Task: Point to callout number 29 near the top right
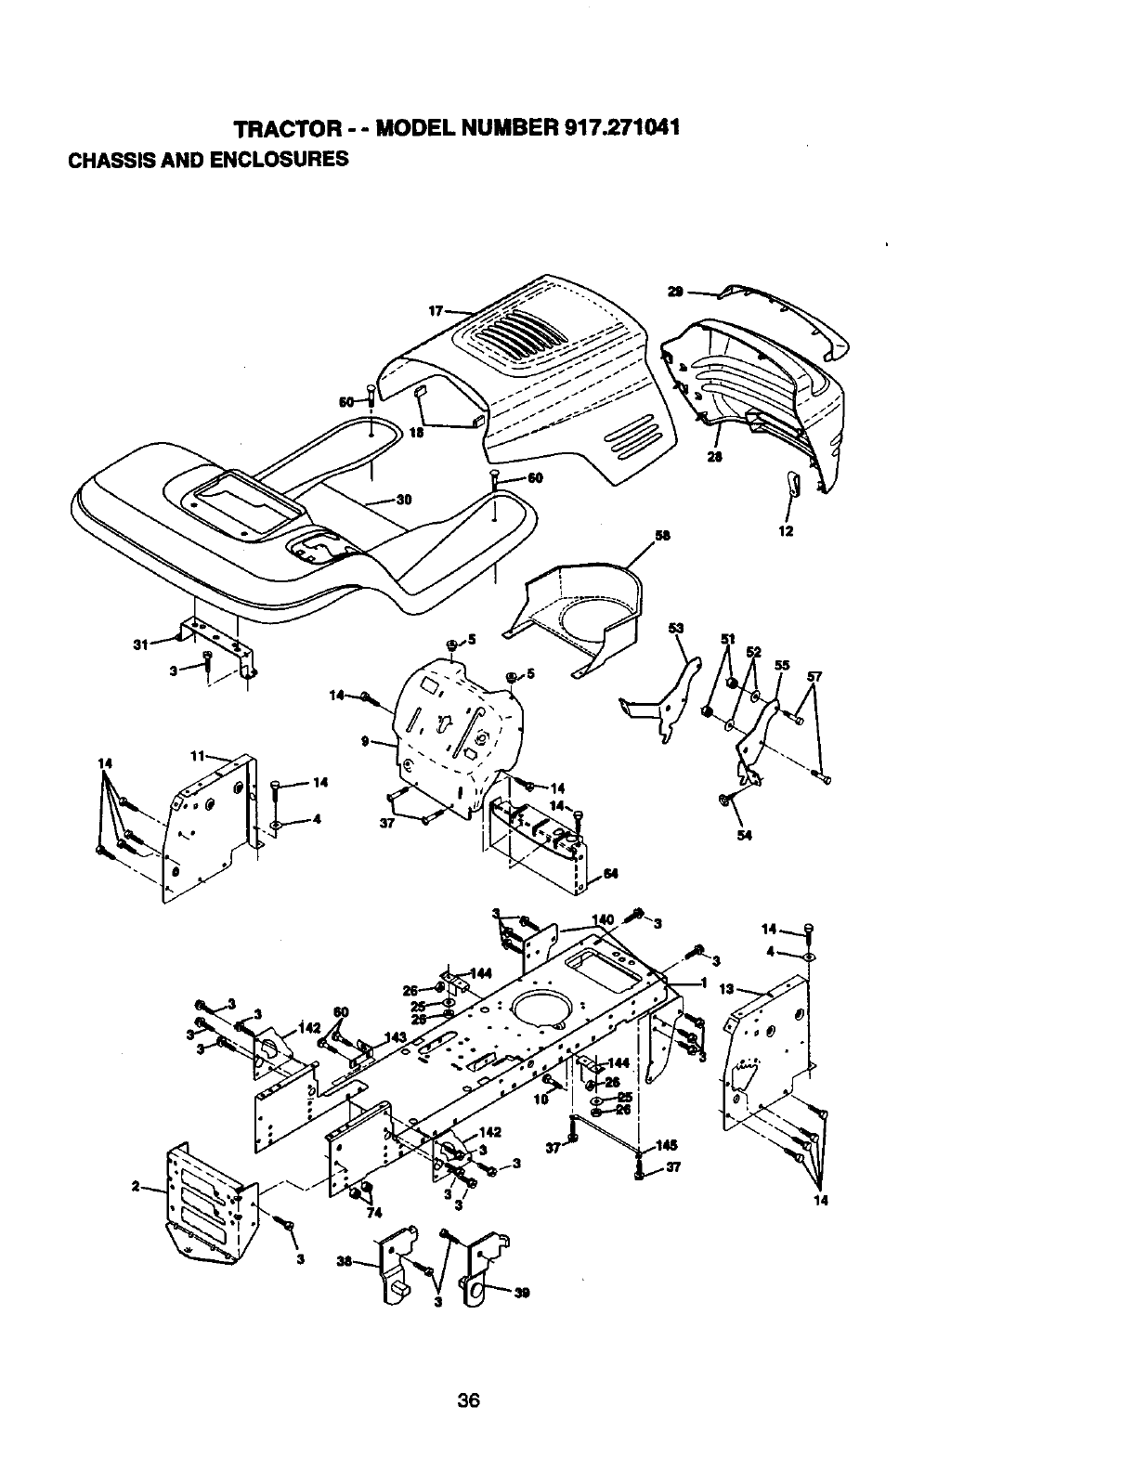[x=677, y=292]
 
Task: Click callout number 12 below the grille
[x=786, y=532]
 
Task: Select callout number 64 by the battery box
[x=610, y=873]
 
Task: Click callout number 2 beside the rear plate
[x=136, y=1187]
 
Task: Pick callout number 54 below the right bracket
[x=744, y=835]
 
